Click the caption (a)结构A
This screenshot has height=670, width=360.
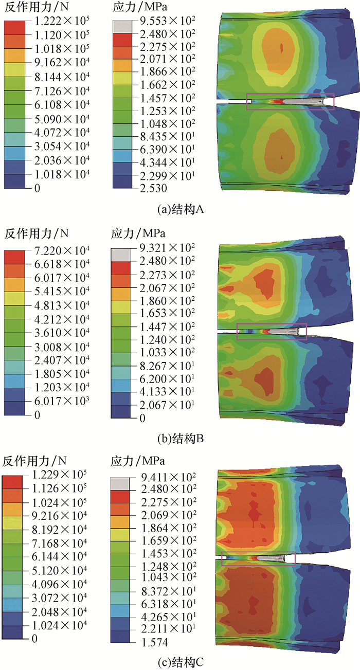(181, 210)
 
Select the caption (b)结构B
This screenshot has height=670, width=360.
(181, 438)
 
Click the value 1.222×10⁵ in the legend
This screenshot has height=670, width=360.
(57, 22)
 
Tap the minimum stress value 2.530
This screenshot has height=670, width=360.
(149, 189)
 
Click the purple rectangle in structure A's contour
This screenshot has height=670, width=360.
(290, 102)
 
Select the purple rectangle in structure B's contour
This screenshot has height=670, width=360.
(272, 332)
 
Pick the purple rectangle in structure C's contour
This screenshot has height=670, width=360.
(258, 559)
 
